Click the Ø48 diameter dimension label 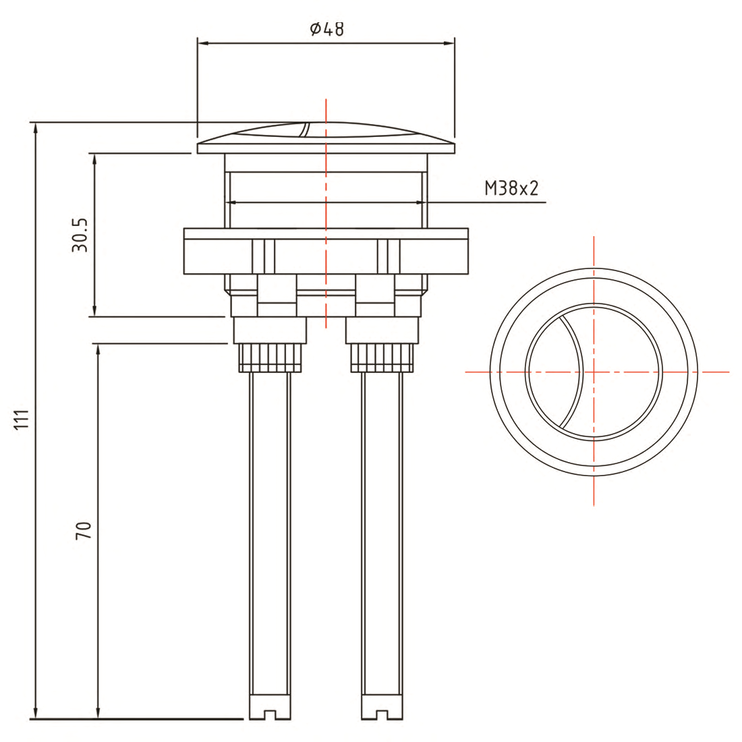tap(326, 29)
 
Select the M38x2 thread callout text tap(511, 188)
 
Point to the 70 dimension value tap(83, 530)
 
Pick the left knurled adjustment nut tap(269, 358)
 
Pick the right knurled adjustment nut tap(381, 358)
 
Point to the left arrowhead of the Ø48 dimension tap(202, 44)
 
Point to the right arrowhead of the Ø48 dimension tap(450, 44)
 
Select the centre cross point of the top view tap(594, 372)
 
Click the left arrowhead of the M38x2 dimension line tap(231, 202)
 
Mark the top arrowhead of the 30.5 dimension tap(94, 158)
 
